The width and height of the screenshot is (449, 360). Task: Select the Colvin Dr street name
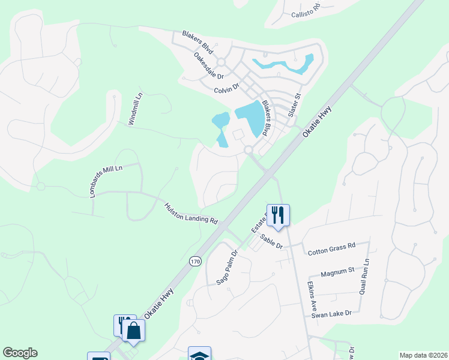227,89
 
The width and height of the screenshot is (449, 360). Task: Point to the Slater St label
295,105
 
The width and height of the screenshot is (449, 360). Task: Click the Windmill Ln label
136,109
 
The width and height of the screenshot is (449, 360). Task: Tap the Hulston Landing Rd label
191,213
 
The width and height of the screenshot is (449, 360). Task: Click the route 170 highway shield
194,262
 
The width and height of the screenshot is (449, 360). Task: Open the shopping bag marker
133,330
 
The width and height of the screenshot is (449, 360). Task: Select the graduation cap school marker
199,354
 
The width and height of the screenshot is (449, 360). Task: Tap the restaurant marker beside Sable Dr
278,215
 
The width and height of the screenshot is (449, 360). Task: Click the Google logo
20,353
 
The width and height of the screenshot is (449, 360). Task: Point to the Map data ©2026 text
423,355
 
